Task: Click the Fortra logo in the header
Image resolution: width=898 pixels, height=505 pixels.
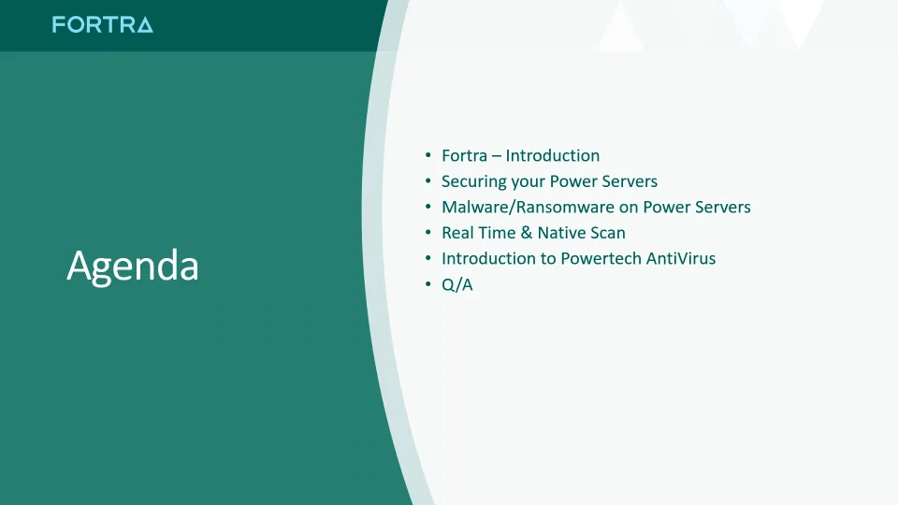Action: click(102, 25)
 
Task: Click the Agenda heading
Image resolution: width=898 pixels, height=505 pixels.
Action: click(133, 267)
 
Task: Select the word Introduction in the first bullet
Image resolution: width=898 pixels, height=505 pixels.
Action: click(552, 156)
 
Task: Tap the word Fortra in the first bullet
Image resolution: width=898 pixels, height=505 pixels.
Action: click(464, 156)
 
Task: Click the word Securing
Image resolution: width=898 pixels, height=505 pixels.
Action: click(473, 181)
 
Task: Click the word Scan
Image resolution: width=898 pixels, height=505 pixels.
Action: click(608, 233)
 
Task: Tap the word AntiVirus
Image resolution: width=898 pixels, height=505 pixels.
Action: click(681, 258)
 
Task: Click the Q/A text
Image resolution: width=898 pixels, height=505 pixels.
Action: click(457, 284)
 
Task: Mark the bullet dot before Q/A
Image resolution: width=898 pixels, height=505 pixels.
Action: click(428, 284)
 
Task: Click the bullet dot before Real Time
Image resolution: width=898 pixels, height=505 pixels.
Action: click(428, 233)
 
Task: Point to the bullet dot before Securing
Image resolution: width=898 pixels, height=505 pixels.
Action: click(428, 181)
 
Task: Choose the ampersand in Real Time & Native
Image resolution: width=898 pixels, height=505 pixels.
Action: click(527, 233)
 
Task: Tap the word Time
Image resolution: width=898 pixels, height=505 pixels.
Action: click(498, 233)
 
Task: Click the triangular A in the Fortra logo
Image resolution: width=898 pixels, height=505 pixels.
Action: click(143, 25)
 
